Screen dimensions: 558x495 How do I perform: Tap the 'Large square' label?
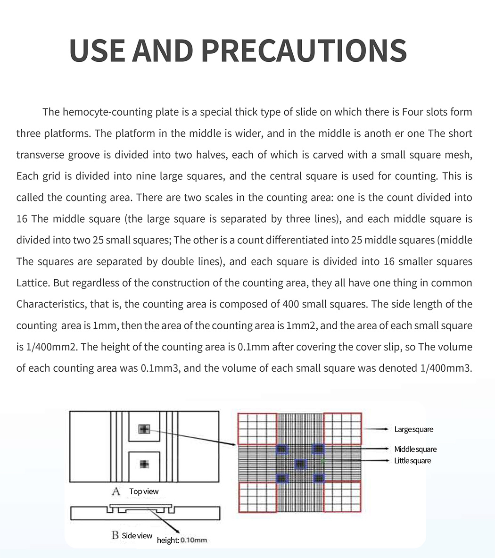click(413, 429)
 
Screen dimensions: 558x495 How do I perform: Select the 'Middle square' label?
click(415, 449)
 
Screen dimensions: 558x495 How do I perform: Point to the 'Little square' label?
click(412, 460)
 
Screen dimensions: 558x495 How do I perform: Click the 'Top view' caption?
click(144, 491)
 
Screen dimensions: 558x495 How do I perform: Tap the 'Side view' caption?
click(137, 535)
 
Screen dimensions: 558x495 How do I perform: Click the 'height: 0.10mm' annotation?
click(182, 540)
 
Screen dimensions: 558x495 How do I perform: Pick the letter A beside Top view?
click(116, 491)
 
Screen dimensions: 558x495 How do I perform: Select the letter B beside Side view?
click(115, 535)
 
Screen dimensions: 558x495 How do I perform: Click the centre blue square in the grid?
click(300, 464)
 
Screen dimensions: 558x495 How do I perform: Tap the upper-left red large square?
click(257, 428)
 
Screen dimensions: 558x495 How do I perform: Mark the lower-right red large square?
click(343, 496)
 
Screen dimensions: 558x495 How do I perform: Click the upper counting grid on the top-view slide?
click(144, 429)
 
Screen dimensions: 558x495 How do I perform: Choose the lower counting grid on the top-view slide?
click(144, 464)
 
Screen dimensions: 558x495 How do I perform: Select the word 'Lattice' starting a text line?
click(33, 283)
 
